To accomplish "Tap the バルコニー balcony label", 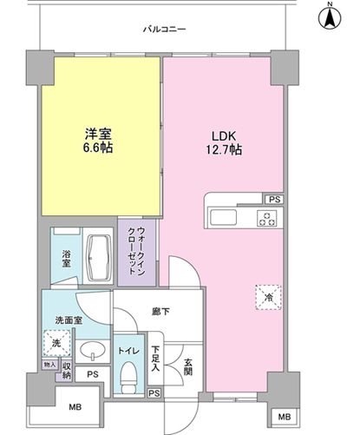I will point(164,30).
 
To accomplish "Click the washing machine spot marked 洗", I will point(54,343).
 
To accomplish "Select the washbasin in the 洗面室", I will point(91,352).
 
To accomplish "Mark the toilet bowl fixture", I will point(128,373).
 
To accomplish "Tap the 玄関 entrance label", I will point(188,359).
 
